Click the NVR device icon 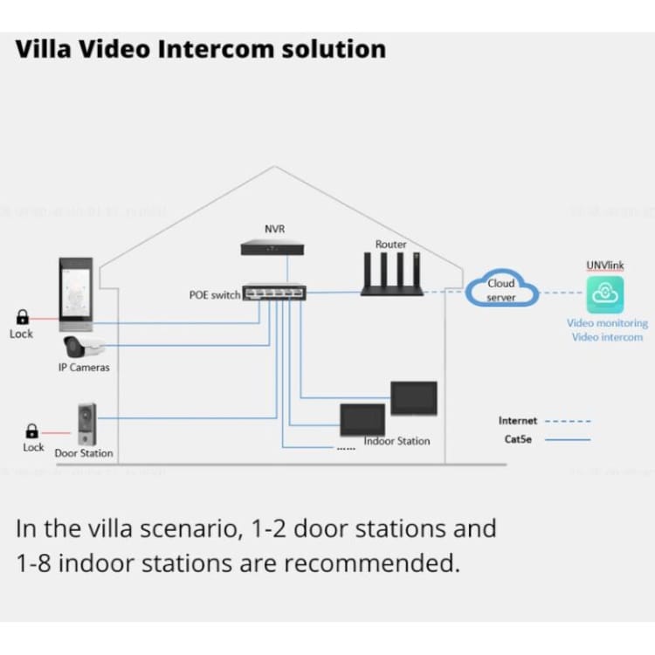pos(274,248)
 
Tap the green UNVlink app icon pos(605,294)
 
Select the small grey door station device pos(86,424)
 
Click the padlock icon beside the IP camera pos(23,319)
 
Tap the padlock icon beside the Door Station pos(32,431)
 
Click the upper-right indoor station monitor pos(413,398)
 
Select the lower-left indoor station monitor pos(362,418)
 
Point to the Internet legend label pos(518,421)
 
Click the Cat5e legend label pos(518,439)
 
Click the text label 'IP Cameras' pos(84,368)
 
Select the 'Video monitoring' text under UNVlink pos(607,323)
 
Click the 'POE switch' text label pos(214,295)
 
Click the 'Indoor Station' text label pos(397,441)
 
